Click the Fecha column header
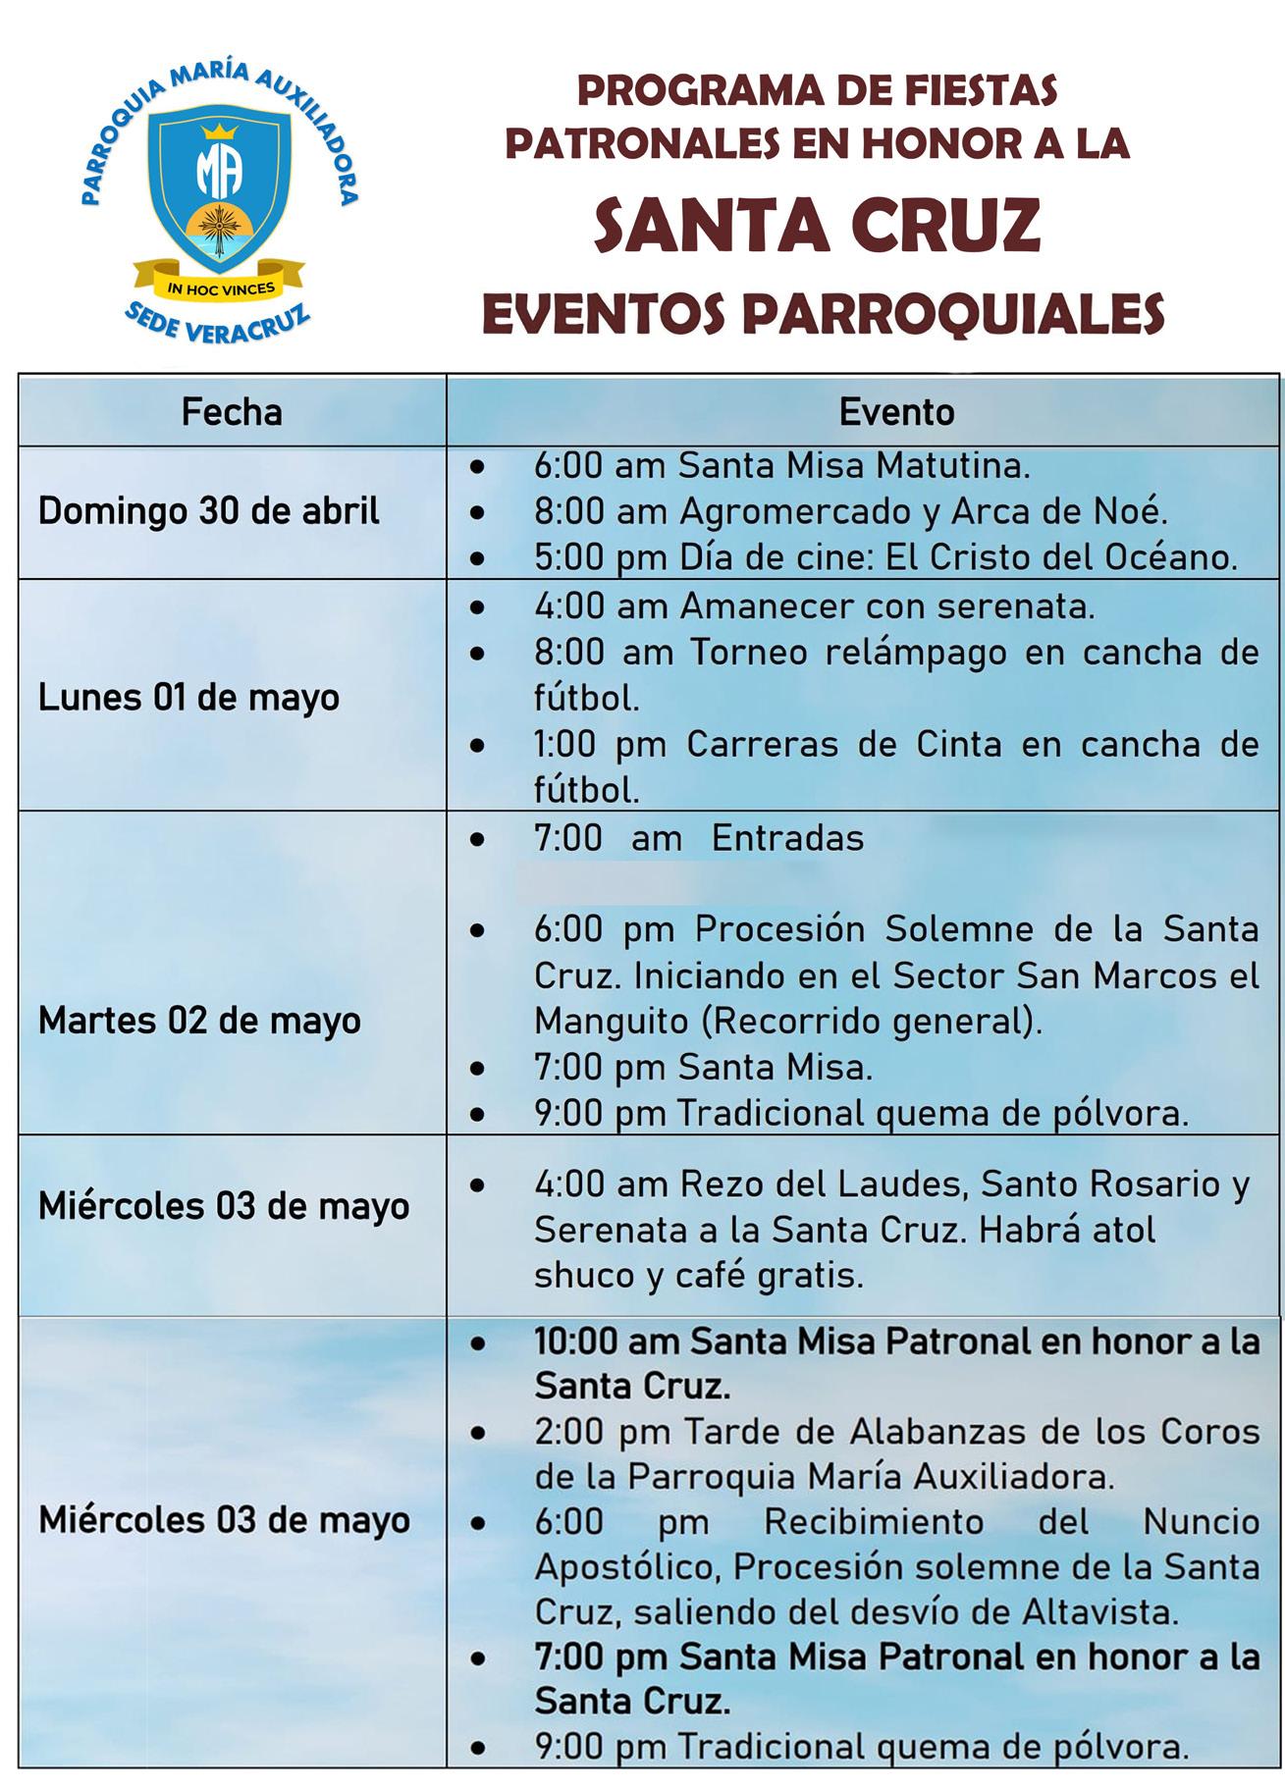[x=232, y=412]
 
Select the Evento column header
[x=895, y=412]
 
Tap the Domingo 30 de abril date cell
[x=208, y=511]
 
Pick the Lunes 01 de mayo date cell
[x=188, y=697]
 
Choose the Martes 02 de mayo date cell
[x=199, y=1021]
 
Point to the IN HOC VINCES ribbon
[x=220, y=288]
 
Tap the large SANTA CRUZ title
[x=817, y=225]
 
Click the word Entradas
[x=787, y=838]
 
